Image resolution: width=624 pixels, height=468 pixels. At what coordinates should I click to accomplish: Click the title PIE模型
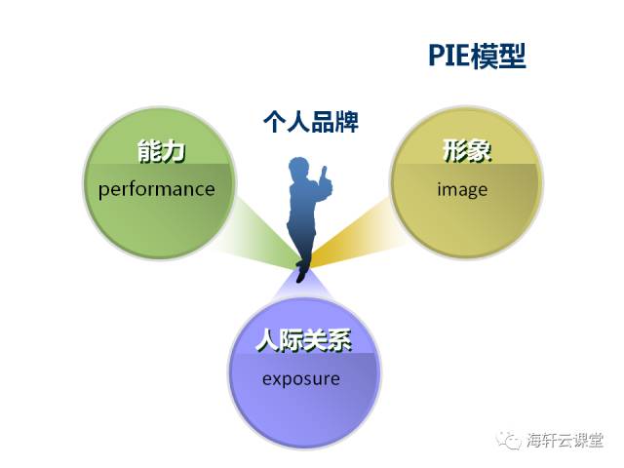[477, 56]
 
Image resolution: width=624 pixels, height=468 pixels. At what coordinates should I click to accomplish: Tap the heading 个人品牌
[311, 121]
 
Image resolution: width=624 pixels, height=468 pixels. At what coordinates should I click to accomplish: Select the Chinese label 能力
[162, 151]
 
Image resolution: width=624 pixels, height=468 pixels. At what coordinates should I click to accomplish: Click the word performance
[157, 189]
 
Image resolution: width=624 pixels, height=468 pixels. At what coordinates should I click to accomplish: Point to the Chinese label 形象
[467, 151]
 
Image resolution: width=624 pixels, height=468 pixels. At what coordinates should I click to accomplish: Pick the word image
[462, 189]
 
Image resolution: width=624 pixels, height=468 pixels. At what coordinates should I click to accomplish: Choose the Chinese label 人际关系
[303, 340]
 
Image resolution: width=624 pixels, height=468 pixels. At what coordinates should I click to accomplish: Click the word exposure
[301, 379]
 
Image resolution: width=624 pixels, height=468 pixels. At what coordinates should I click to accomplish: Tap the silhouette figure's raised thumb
[324, 172]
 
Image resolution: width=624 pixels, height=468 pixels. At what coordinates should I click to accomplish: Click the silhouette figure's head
[298, 169]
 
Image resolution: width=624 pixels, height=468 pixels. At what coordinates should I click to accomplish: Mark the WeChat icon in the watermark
[508, 440]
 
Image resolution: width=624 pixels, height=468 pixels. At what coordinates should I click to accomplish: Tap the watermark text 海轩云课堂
[565, 440]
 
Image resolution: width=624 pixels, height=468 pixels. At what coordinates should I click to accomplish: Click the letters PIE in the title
[448, 56]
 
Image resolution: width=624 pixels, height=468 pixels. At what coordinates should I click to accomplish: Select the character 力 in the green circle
[175, 151]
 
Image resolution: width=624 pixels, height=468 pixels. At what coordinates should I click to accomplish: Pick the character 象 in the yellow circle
[480, 151]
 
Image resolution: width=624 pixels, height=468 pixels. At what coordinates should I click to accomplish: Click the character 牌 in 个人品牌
[347, 122]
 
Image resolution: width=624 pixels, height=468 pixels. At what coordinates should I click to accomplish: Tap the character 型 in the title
[514, 56]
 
